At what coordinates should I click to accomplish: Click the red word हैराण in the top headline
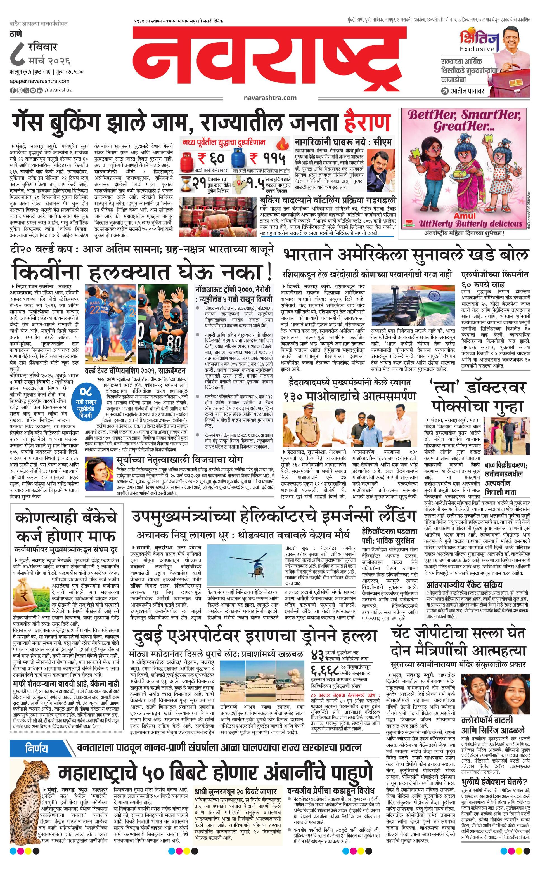367,122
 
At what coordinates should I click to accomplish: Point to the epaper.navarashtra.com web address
40,81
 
